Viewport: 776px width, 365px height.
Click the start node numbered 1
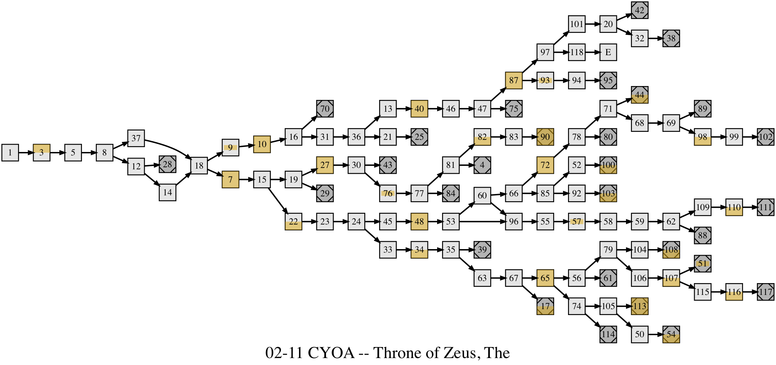click(10, 153)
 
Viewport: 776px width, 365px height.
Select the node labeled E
click(608, 52)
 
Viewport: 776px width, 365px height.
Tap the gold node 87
click(514, 80)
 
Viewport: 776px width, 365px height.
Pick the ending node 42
click(640, 10)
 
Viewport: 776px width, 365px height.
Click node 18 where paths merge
click(199, 165)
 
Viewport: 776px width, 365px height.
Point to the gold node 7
click(231, 180)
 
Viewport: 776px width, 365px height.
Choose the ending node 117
click(766, 292)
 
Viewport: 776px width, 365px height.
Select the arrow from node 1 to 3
click(26, 153)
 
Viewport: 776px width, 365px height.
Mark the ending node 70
click(325, 109)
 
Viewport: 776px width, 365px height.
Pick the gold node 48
click(419, 221)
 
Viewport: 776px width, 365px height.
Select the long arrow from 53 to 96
click(483, 221)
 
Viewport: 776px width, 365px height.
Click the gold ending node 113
click(640, 306)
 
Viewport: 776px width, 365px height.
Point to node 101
click(576, 24)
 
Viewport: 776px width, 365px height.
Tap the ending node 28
click(167, 164)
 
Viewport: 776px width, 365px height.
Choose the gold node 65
click(545, 278)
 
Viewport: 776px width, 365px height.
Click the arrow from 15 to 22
click(278, 201)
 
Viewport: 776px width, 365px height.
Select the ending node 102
click(766, 137)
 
